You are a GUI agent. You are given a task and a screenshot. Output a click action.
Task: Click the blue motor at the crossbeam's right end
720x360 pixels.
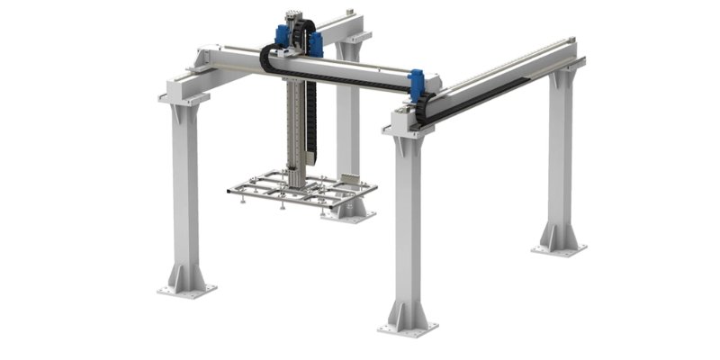(417, 84)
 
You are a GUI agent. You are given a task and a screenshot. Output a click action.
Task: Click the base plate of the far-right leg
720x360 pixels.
(558, 248)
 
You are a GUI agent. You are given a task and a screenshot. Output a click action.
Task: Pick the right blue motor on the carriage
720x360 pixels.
(314, 41)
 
